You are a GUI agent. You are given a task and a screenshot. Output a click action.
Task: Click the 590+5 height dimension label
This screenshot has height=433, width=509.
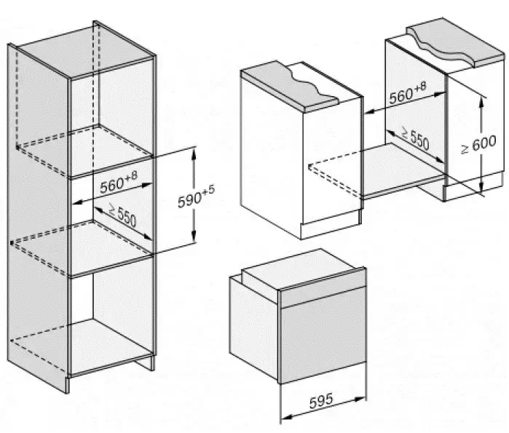196,196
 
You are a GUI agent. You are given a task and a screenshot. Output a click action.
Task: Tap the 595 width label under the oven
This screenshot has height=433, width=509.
321,401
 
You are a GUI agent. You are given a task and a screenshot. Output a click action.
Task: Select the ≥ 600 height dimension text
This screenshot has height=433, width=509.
478,144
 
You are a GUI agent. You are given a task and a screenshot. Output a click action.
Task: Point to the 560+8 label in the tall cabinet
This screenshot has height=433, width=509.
119,183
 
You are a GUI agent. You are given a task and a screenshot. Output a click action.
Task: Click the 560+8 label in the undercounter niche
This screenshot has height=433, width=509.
407,93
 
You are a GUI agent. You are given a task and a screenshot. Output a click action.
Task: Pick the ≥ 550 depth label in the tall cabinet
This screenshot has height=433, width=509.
122,214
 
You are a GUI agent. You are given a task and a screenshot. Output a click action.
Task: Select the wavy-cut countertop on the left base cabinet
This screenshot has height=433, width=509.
289,85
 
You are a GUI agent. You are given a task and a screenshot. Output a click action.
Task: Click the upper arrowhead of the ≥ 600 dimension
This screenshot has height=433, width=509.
481,102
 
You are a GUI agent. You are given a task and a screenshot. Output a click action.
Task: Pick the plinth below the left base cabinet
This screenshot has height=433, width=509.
331,225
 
